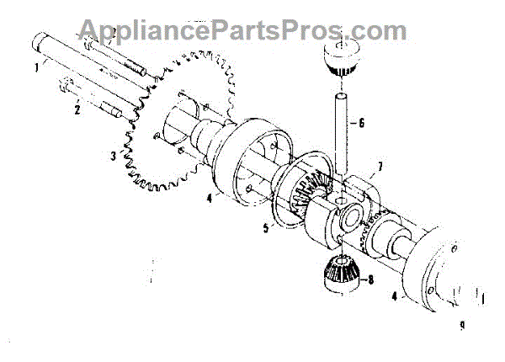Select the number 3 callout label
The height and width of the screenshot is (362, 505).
click(113, 156)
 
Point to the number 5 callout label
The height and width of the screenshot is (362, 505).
click(267, 227)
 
